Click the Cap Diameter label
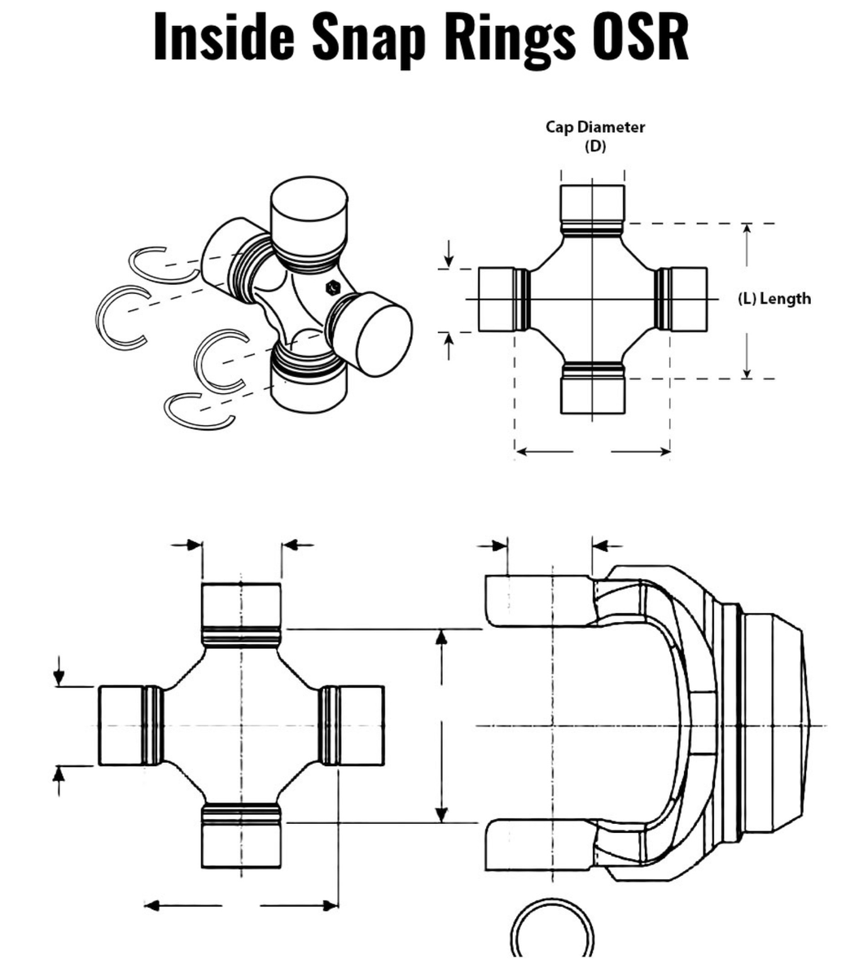click(x=594, y=127)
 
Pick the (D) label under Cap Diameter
click(x=595, y=147)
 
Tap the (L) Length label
click(x=774, y=299)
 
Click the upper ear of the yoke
click(x=537, y=601)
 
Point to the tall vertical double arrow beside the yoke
click(x=441, y=725)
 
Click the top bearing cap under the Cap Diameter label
click(x=592, y=204)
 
